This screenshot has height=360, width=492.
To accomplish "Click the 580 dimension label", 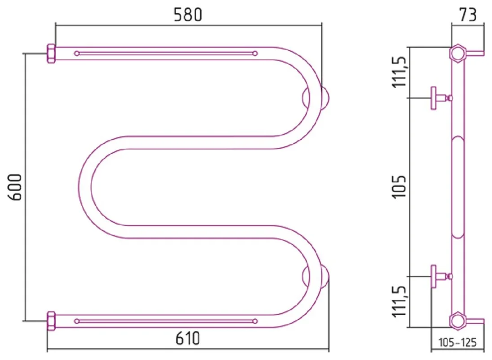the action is click(x=188, y=14).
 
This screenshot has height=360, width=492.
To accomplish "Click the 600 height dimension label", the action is click(x=15, y=187).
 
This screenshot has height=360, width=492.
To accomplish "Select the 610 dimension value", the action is click(x=187, y=338).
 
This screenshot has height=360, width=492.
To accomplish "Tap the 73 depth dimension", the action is click(x=468, y=14).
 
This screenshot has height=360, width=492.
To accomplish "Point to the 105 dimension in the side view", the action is click(x=399, y=187).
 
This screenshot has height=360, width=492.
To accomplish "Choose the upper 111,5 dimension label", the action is click(x=400, y=72).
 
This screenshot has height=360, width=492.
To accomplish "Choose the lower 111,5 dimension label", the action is click(x=400, y=301).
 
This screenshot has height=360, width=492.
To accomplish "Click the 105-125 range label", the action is click(x=457, y=342).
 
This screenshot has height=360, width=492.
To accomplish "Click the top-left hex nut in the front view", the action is click(x=51, y=53).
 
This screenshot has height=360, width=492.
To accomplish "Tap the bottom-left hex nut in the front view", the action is click(x=51, y=321).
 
